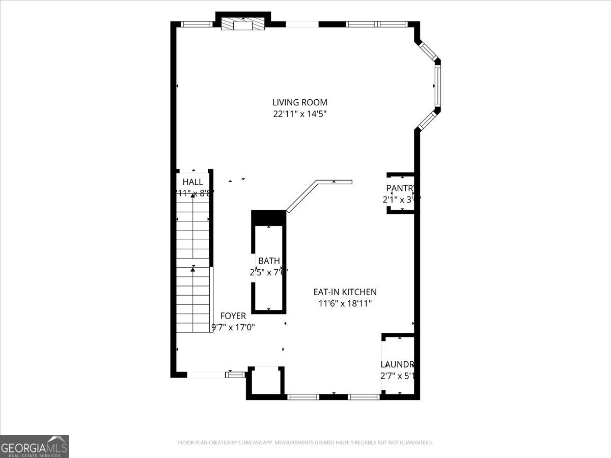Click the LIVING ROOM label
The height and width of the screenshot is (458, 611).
[299, 102]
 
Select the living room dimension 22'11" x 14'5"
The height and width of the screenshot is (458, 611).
[299, 114]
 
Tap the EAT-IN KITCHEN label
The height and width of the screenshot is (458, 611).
[345, 292]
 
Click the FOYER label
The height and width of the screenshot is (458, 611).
[233, 316]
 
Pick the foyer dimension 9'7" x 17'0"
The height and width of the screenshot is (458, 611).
[233, 328]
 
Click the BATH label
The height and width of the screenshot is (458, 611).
[269, 261]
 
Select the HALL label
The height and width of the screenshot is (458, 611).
[192, 182]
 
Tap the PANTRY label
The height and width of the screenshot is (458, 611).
[401, 188]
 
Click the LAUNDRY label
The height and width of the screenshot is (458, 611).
[398, 364]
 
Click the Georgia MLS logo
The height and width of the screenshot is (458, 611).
[34, 446]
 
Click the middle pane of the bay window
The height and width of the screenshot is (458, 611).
[437, 85]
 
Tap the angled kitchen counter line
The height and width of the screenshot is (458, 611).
[303, 196]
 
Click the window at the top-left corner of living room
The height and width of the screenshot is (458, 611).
[197, 24]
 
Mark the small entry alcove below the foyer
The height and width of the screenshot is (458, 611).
[265, 382]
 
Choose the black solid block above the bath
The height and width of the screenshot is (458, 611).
[269, 216]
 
